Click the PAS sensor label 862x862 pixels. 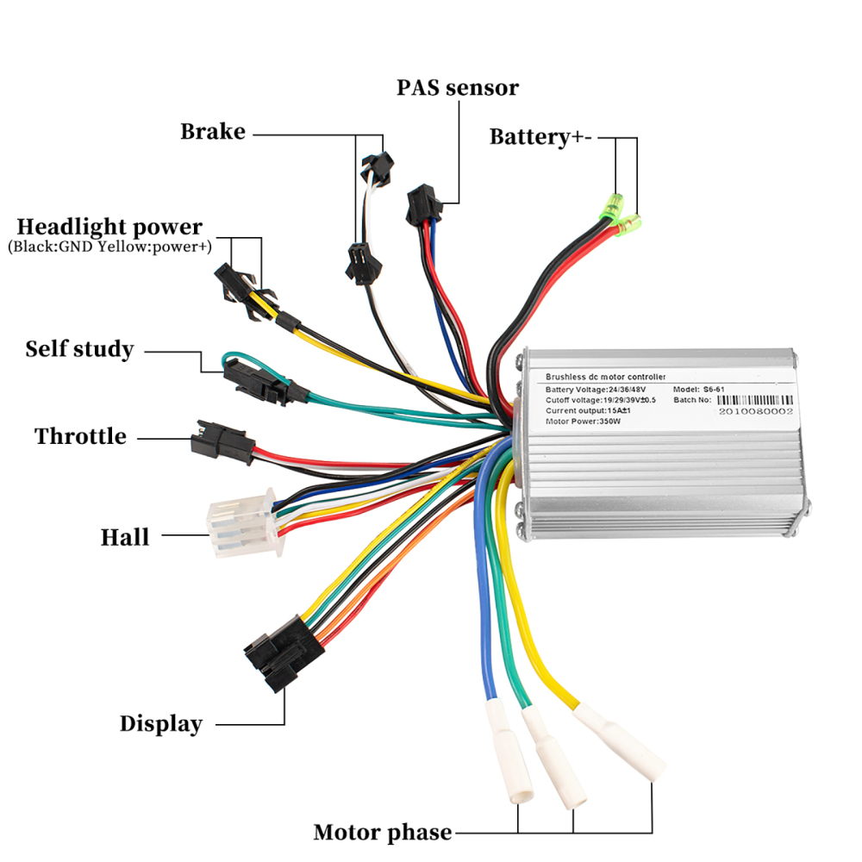[x=458, y=88]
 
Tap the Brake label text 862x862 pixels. [x=213, y=132]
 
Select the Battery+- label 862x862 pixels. [x=541, y=137]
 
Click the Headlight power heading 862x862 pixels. [x=109, y=228]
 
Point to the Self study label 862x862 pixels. [x=79, y=349]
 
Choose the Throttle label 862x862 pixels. [x=80, y=436]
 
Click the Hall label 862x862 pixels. [x=125, y=537]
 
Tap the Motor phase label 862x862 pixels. [x=382, y=833]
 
